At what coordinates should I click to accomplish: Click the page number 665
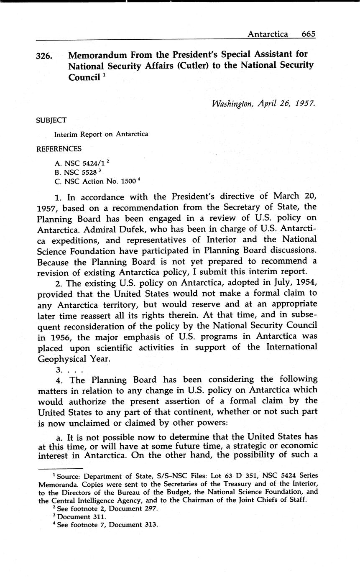pos(308,34)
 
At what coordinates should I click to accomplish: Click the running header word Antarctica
pos(268,34)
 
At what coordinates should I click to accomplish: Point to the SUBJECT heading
pos(51,120)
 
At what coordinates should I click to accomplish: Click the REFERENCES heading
pos(59,149)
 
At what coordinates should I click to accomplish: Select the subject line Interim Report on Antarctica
pos(101,135)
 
